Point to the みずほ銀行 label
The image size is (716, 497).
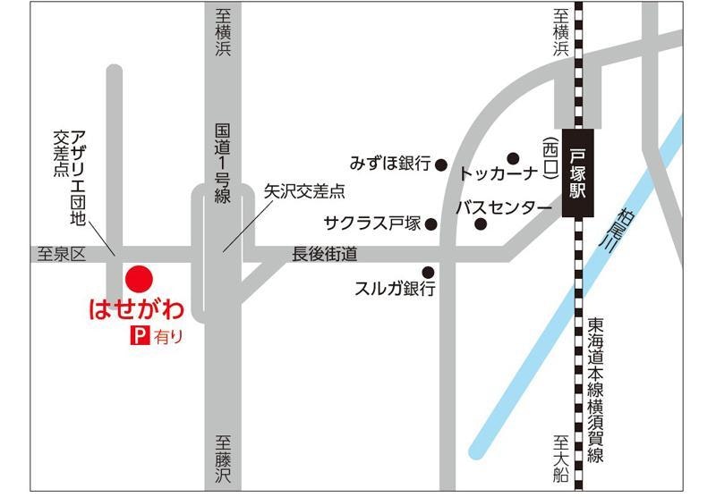tap(392, 164)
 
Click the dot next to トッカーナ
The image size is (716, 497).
tap(513, 157)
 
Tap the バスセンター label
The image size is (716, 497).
tap(503, 208)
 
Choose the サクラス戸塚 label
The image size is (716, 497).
tap(373, 223)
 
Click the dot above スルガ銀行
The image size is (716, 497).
tap(428, 272)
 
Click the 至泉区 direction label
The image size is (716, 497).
tap(59, 255)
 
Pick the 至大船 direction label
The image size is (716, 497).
tap(561, 456)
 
